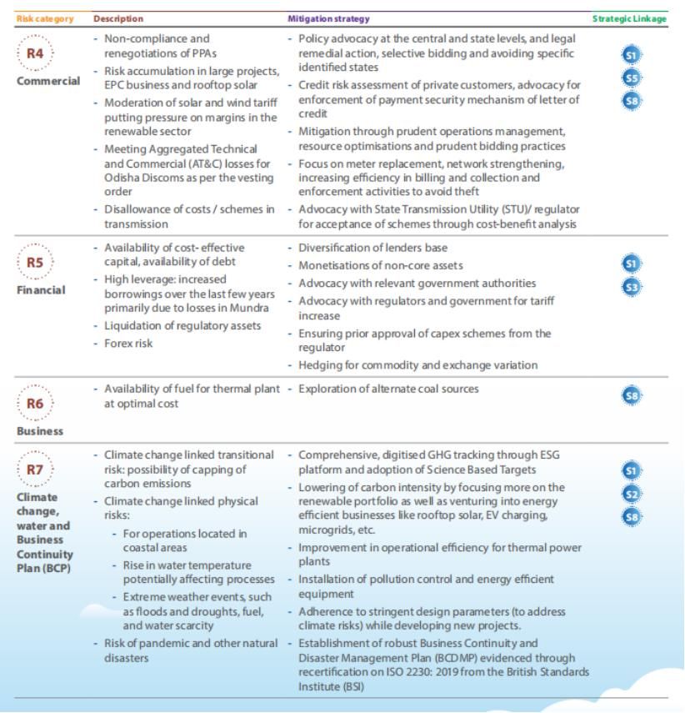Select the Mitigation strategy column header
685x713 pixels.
click(328, 18)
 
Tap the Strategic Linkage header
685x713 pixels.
click(629, 18)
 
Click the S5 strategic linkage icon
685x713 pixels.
click(632, 78)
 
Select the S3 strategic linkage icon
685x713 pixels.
click(632, 287)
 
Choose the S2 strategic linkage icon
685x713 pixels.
click(632, 494)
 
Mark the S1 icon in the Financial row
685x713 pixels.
click(632, 264)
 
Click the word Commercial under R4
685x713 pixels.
click(48, 82)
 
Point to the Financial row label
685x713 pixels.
click(42, 290)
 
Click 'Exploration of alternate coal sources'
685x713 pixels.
click(388, 389)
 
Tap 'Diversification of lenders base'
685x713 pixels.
click(372, 248)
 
